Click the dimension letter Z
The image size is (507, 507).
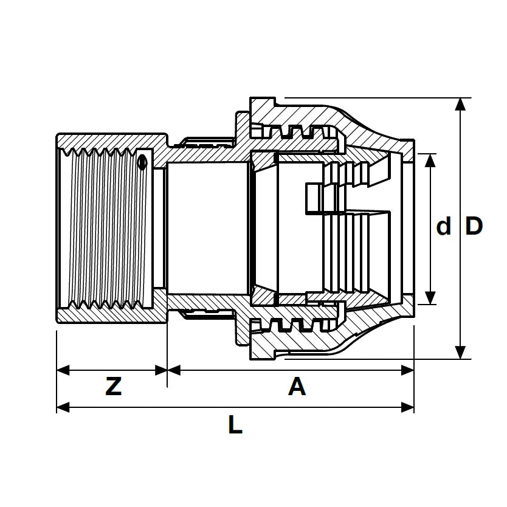click(114, 387)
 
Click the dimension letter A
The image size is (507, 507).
click(297, 387)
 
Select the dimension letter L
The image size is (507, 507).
click(235, 424)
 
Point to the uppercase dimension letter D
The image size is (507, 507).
click(474, 226)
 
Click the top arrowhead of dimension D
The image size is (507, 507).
click(460, 104)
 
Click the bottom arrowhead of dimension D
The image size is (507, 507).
click(460, 353)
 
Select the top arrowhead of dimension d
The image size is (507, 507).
click(430, 160)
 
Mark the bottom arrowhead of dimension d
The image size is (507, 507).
click(430, 298)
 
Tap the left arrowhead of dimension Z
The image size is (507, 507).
click(63, 370)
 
